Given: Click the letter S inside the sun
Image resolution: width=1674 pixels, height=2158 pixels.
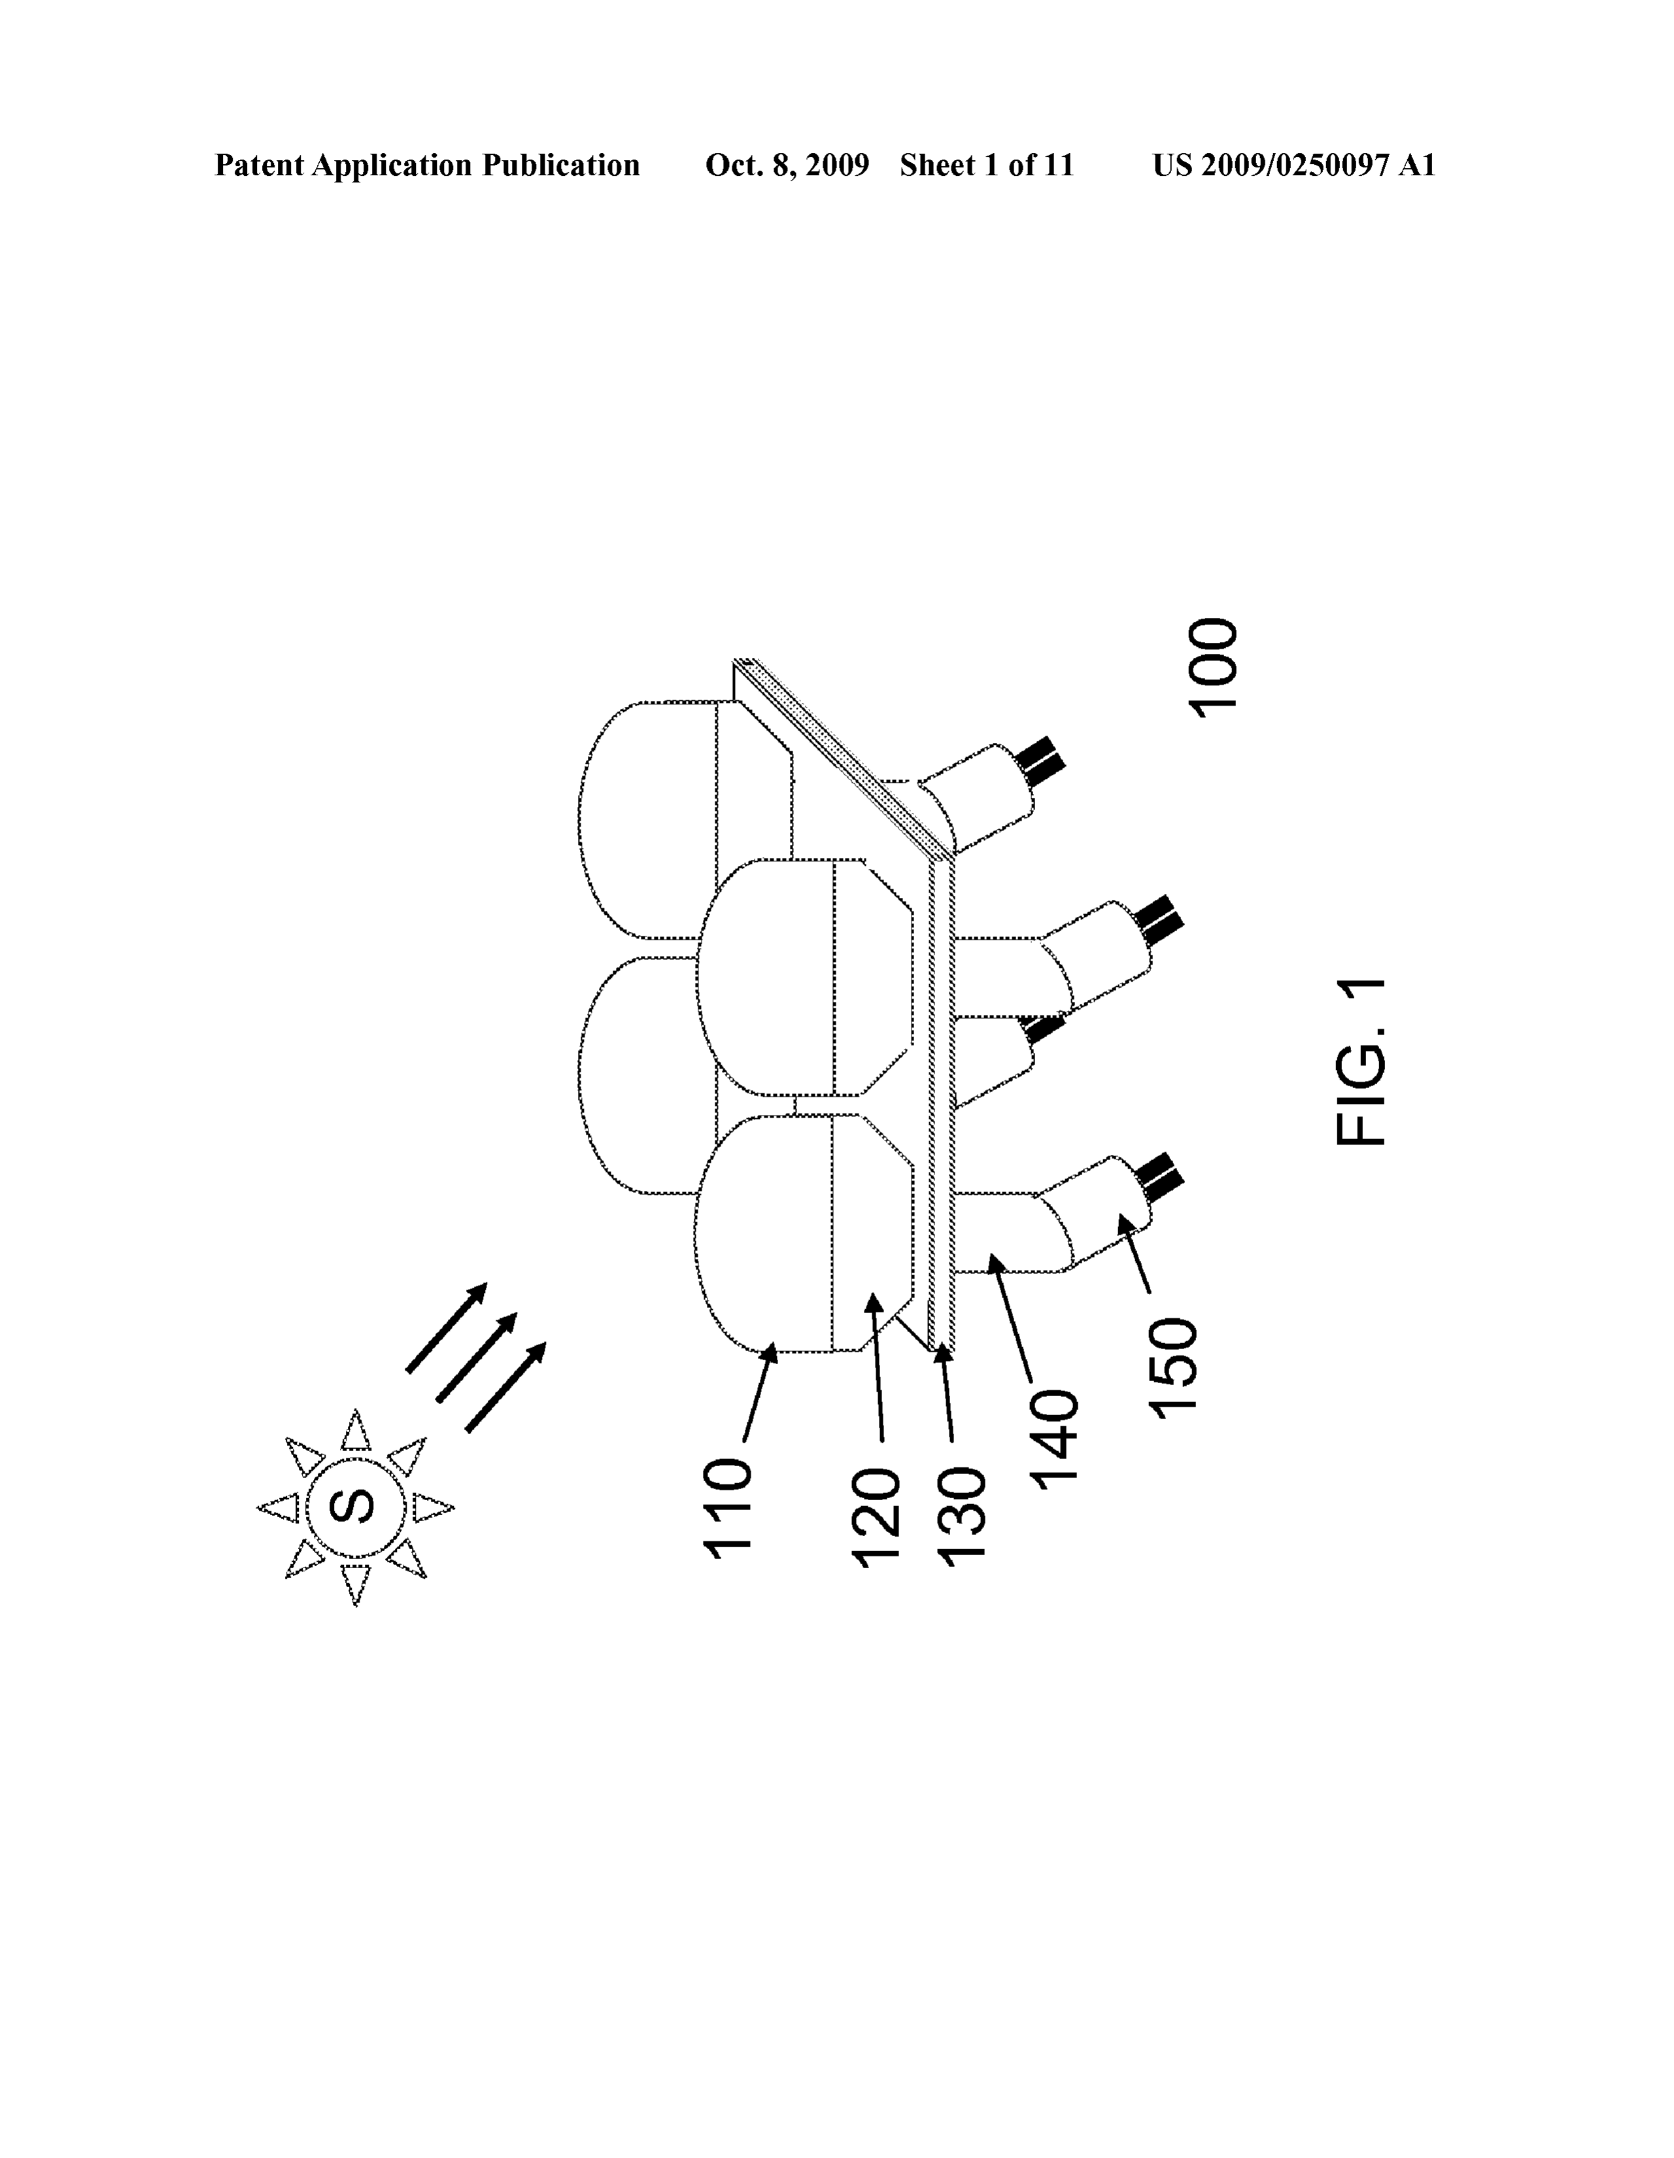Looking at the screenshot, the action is pos(356,1507).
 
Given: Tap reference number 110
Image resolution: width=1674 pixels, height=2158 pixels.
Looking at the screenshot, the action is pos(728,1508).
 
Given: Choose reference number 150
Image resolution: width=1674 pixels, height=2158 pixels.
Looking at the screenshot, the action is pos(1172,1367).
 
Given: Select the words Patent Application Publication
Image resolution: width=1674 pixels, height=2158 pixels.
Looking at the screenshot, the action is pos(427,165).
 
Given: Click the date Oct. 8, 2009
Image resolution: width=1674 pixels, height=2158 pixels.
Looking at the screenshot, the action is pos(787,165).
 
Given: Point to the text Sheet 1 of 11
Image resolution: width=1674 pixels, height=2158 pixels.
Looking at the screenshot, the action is pos(986,165).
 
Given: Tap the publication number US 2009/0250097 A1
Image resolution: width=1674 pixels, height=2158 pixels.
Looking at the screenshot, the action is pos(1293,165).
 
